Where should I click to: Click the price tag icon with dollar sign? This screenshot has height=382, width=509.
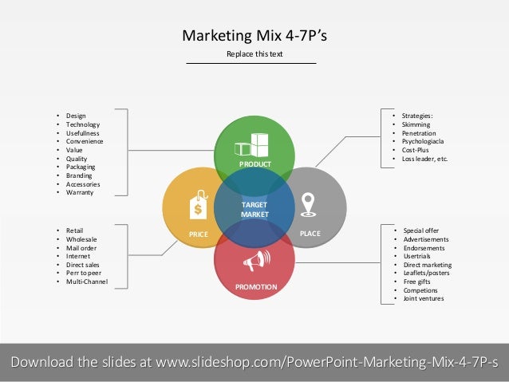coord(197,207)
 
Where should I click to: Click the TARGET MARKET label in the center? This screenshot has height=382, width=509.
coord(254,210)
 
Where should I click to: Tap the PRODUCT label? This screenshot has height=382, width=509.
coord(254,163)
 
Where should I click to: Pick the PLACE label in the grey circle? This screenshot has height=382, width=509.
coord(310,234)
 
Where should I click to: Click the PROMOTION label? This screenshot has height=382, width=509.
coord(255,286)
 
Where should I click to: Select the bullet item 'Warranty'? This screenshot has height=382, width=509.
coord(81,192)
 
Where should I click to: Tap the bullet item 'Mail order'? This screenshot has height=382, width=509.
coord(82,247)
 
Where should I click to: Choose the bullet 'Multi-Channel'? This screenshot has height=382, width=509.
coord(87,282)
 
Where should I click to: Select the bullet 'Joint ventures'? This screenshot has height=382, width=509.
coord(423,298)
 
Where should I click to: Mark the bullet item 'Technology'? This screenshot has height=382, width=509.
coord(83,124)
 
